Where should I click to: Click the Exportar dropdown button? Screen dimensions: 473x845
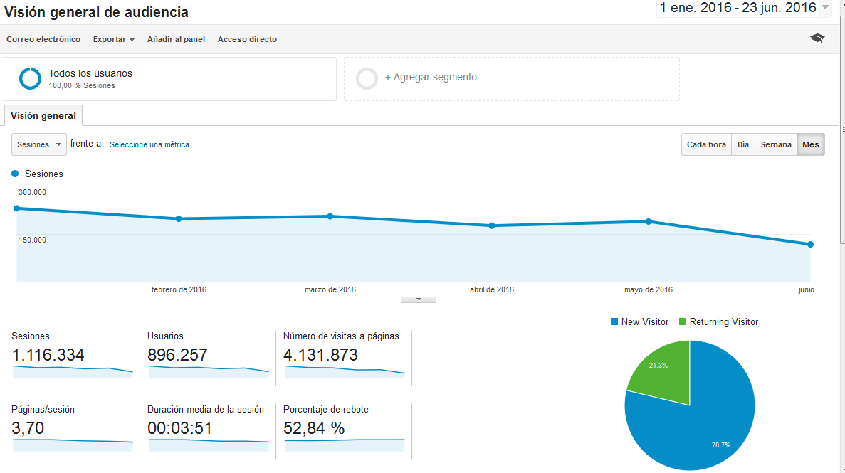point(113,39)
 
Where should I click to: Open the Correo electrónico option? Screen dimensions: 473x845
point(43,39)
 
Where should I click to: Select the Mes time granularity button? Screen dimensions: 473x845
point(810,144)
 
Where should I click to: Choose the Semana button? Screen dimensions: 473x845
point(775,144)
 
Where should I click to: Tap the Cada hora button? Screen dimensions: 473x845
point(706,144)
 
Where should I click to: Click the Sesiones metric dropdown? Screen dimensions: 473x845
point(39,144)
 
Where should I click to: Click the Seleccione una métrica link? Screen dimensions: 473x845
point(149,144)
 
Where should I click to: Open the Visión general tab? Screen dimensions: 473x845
point(43,115)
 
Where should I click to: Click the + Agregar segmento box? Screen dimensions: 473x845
point(511,78)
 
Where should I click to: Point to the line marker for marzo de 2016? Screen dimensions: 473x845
point(330,216)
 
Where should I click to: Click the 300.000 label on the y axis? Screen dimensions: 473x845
point(32,192)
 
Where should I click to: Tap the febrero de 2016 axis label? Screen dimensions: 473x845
point(179,289)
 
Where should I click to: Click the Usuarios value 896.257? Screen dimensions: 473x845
point(177,355)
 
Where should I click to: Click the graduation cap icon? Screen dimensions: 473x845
point(817,38)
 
